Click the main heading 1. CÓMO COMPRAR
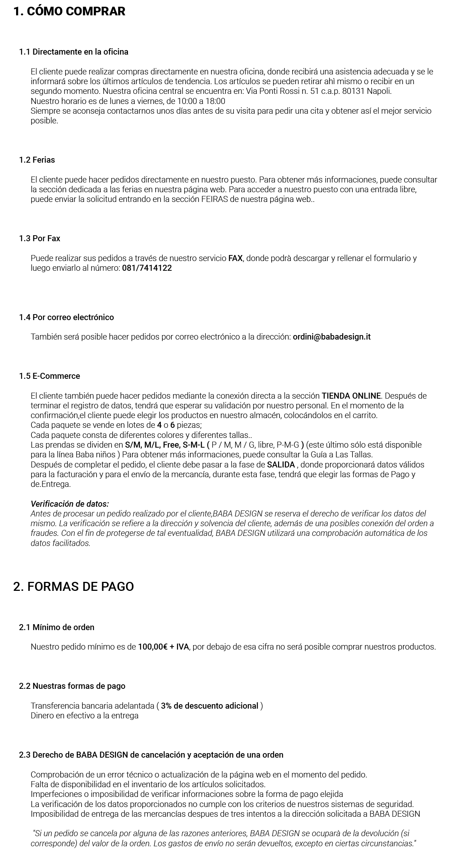pos(69,12)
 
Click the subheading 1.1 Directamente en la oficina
pos(74,52)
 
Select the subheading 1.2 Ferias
pos(37,160)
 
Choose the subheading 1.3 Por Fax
pos(40,239)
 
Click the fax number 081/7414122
pos(147,268)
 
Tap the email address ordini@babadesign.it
pos(332,337)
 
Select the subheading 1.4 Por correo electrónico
pos(67,317)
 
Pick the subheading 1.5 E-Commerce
pos(50,376)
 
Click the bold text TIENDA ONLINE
pos(351,396)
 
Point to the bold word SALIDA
pos(281,465)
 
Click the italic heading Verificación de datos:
pos(70,504)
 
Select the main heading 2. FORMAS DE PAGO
pos(73,586)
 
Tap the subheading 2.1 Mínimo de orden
pos(57,627)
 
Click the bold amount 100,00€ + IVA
pos(164,647)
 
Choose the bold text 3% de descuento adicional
pos(210,706)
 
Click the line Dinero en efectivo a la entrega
pos(85,716)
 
